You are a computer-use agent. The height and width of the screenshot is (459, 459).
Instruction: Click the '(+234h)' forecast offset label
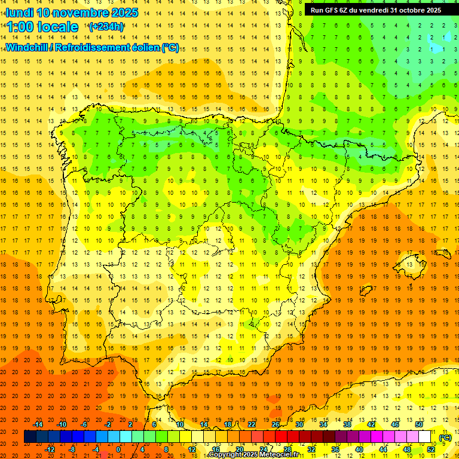[106, 27]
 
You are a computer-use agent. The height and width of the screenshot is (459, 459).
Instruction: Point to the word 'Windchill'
[28, 47]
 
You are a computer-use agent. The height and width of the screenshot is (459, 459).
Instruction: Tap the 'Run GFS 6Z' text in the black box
[328, 10]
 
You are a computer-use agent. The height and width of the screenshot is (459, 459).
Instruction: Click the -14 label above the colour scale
[38, 424]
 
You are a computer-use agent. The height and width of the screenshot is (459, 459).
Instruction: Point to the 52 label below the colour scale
[432, 449]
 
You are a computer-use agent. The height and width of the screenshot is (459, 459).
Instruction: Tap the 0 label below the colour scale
[119, 449]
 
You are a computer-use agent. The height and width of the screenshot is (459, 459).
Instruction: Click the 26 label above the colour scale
[276, 424]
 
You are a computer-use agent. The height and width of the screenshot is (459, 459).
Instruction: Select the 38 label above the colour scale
[347, 424]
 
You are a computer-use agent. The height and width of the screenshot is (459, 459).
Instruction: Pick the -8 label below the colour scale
[72, 449]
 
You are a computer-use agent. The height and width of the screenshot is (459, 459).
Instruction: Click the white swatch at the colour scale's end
[425, 437]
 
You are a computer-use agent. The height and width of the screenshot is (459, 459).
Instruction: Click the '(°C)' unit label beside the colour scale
[445, 437]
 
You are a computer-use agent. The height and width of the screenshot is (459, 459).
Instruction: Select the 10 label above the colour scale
[179, 424]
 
